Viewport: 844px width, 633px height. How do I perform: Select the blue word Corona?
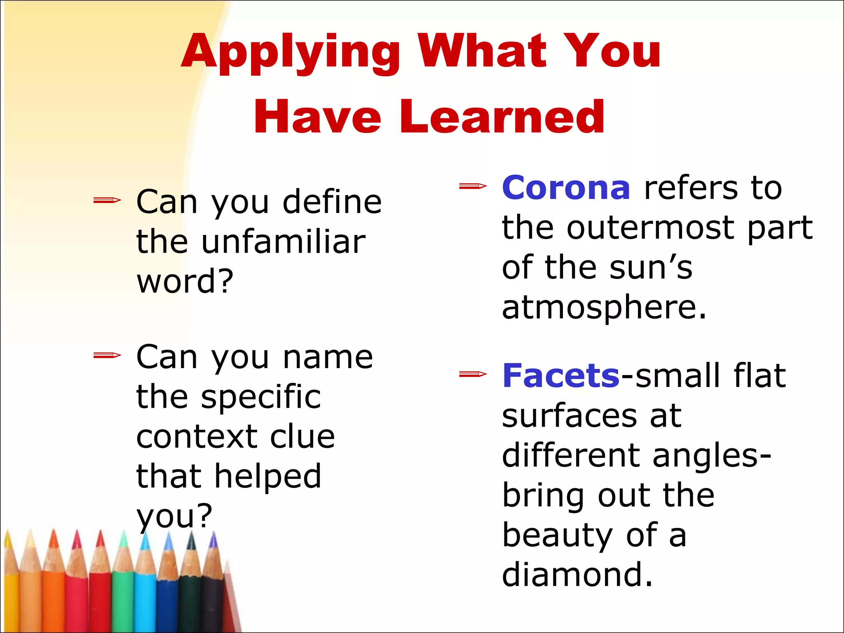[566, 188]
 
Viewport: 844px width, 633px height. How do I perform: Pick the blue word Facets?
[561, 376]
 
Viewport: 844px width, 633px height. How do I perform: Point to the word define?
[332, 202]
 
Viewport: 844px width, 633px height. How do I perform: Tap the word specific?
[261, 397]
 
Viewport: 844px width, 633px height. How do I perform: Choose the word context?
[195, 437]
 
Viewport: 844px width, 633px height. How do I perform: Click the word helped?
[268, 476]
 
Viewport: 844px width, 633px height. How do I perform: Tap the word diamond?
[577, 574]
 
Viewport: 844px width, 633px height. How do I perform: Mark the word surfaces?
[571, 416]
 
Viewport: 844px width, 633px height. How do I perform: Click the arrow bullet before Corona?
[473, 187]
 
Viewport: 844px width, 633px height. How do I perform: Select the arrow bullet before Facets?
[473, 374]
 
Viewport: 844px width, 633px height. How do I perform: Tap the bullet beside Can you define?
[107, 201]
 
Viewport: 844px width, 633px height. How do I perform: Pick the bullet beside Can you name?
[107, 355]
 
